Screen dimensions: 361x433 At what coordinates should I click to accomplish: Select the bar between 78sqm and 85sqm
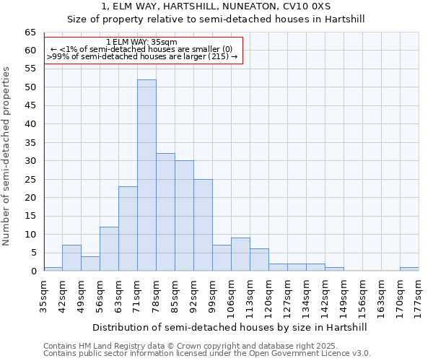coord(165,212)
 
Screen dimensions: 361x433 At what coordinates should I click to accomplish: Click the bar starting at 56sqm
coord(109,249)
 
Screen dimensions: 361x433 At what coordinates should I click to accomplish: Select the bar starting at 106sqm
coord(240,254)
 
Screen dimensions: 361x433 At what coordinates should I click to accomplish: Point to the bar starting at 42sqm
coord(71,258)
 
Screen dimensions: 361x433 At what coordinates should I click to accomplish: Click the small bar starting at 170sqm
coord(409,269)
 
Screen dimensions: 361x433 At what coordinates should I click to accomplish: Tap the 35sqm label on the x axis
coord(43,295)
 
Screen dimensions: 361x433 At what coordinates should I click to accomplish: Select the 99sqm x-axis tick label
coord(213,295)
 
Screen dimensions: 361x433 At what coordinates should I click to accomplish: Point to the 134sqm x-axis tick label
coord(307,295)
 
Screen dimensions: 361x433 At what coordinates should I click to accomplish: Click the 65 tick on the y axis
coord(30,32)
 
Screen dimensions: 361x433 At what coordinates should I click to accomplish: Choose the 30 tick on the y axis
coord(30,161)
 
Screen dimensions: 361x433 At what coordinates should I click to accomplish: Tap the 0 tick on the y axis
coord(33,271)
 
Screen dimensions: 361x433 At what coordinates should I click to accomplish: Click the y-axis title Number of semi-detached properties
coord(7,155)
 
